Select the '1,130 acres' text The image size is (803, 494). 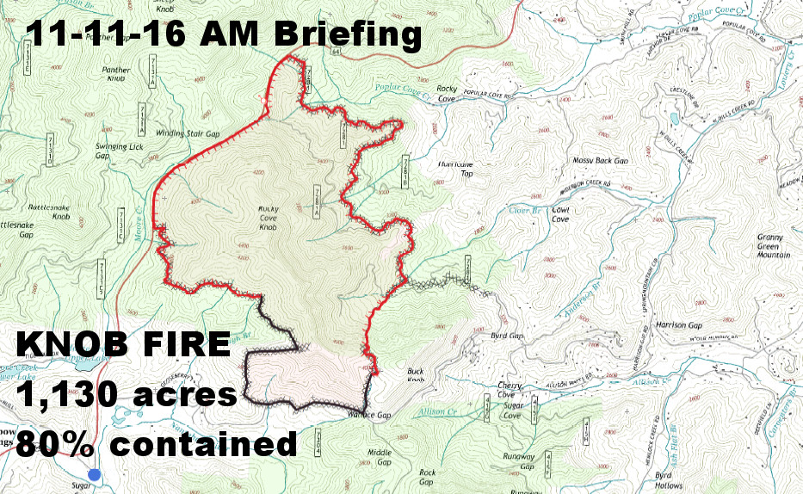127,395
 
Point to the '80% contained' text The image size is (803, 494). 157,443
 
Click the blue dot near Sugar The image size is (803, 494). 95,474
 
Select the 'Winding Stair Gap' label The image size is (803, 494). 188,133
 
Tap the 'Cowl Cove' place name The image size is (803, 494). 560,214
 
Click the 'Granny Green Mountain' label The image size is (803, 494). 773,246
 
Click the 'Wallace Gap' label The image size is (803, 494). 372,415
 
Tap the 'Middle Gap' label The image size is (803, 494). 380,457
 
